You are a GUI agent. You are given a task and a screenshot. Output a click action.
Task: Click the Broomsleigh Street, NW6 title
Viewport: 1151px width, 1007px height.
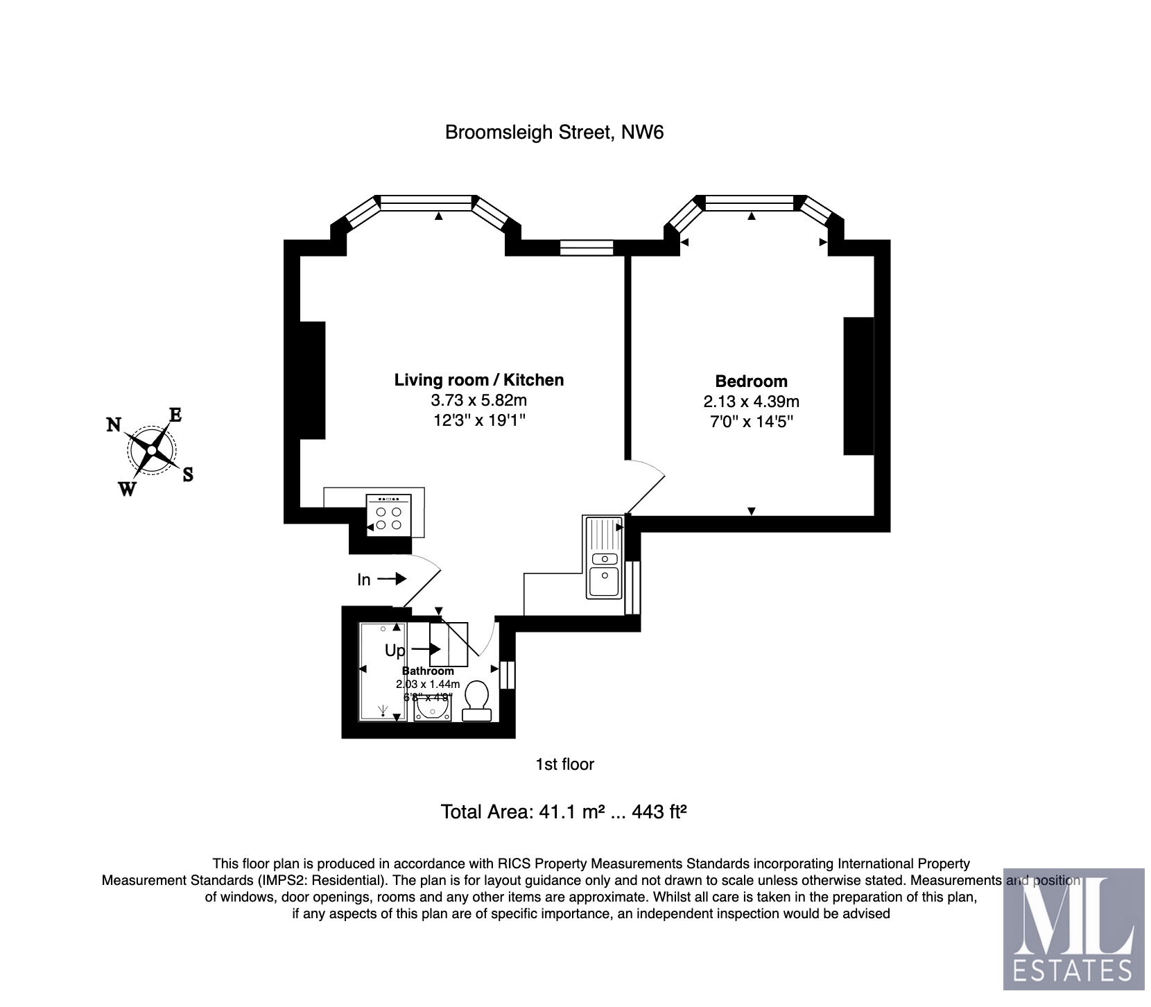click(554, 132)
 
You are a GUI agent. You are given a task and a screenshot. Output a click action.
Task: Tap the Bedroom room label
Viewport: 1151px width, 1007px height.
click(751, 381)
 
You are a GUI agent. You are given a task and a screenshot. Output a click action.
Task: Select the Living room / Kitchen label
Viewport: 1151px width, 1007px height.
click(478, 379)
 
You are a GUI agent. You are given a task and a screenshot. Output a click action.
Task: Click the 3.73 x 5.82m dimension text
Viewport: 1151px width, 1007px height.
click(478, 400)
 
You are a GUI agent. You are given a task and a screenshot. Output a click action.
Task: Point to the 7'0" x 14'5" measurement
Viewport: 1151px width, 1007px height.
click(751, 421)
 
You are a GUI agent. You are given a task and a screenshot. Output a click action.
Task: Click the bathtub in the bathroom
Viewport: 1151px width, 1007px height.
click(382, 671)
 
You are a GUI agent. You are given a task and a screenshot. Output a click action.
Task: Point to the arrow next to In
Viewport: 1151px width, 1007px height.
click(392, 578)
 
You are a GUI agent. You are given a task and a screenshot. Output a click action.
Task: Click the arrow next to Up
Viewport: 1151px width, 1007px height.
click(426, 649)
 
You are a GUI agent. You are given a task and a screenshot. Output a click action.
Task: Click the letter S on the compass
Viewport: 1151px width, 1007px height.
click(187, 474)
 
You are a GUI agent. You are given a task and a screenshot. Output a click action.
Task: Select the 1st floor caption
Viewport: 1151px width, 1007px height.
click(564, 764)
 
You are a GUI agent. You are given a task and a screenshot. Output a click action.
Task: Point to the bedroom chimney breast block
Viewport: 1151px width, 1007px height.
click(858, 386)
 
